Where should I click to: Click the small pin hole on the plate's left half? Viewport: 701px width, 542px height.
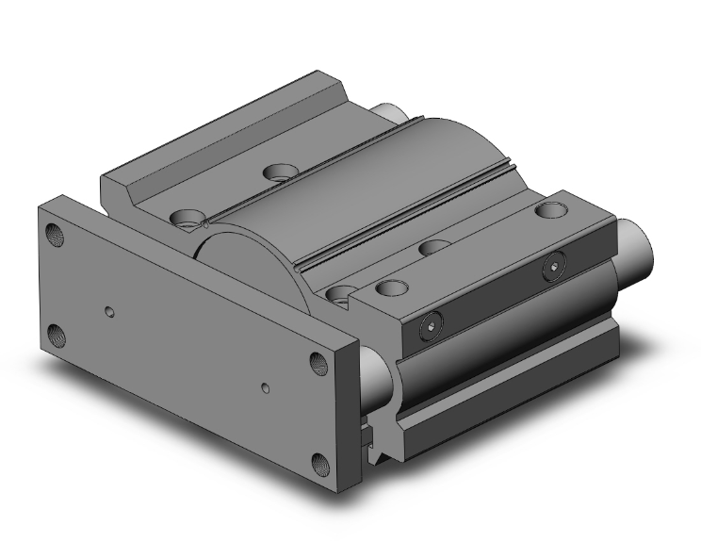tap(111, 310)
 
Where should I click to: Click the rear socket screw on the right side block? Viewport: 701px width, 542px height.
tap(551, 270)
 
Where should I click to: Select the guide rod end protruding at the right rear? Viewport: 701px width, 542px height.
tap(633, 247)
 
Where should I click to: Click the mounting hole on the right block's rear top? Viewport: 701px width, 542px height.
tap(546, 209)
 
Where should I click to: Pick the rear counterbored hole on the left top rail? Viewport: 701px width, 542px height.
tap(277, 172)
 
